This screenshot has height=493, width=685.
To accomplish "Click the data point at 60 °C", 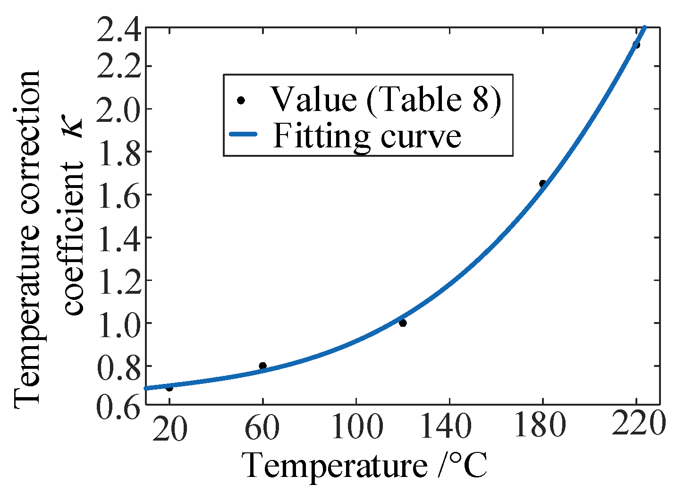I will pos(263,366).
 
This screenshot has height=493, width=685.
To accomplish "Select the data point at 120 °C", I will pos(403,323).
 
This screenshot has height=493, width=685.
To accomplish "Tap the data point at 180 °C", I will pos(543,183).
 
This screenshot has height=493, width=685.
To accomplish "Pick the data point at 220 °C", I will pos(636,45).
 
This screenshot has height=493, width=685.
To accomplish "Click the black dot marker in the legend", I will pos(241,100).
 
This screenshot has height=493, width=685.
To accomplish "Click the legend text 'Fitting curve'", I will pos(367,136).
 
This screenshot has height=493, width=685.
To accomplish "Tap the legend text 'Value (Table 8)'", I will pos(386,100).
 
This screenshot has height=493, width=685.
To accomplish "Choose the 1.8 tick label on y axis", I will pos(118,152).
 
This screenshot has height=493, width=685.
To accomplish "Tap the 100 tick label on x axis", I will pos(356,428).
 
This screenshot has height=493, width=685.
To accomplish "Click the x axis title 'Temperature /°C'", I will pos(364,466).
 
